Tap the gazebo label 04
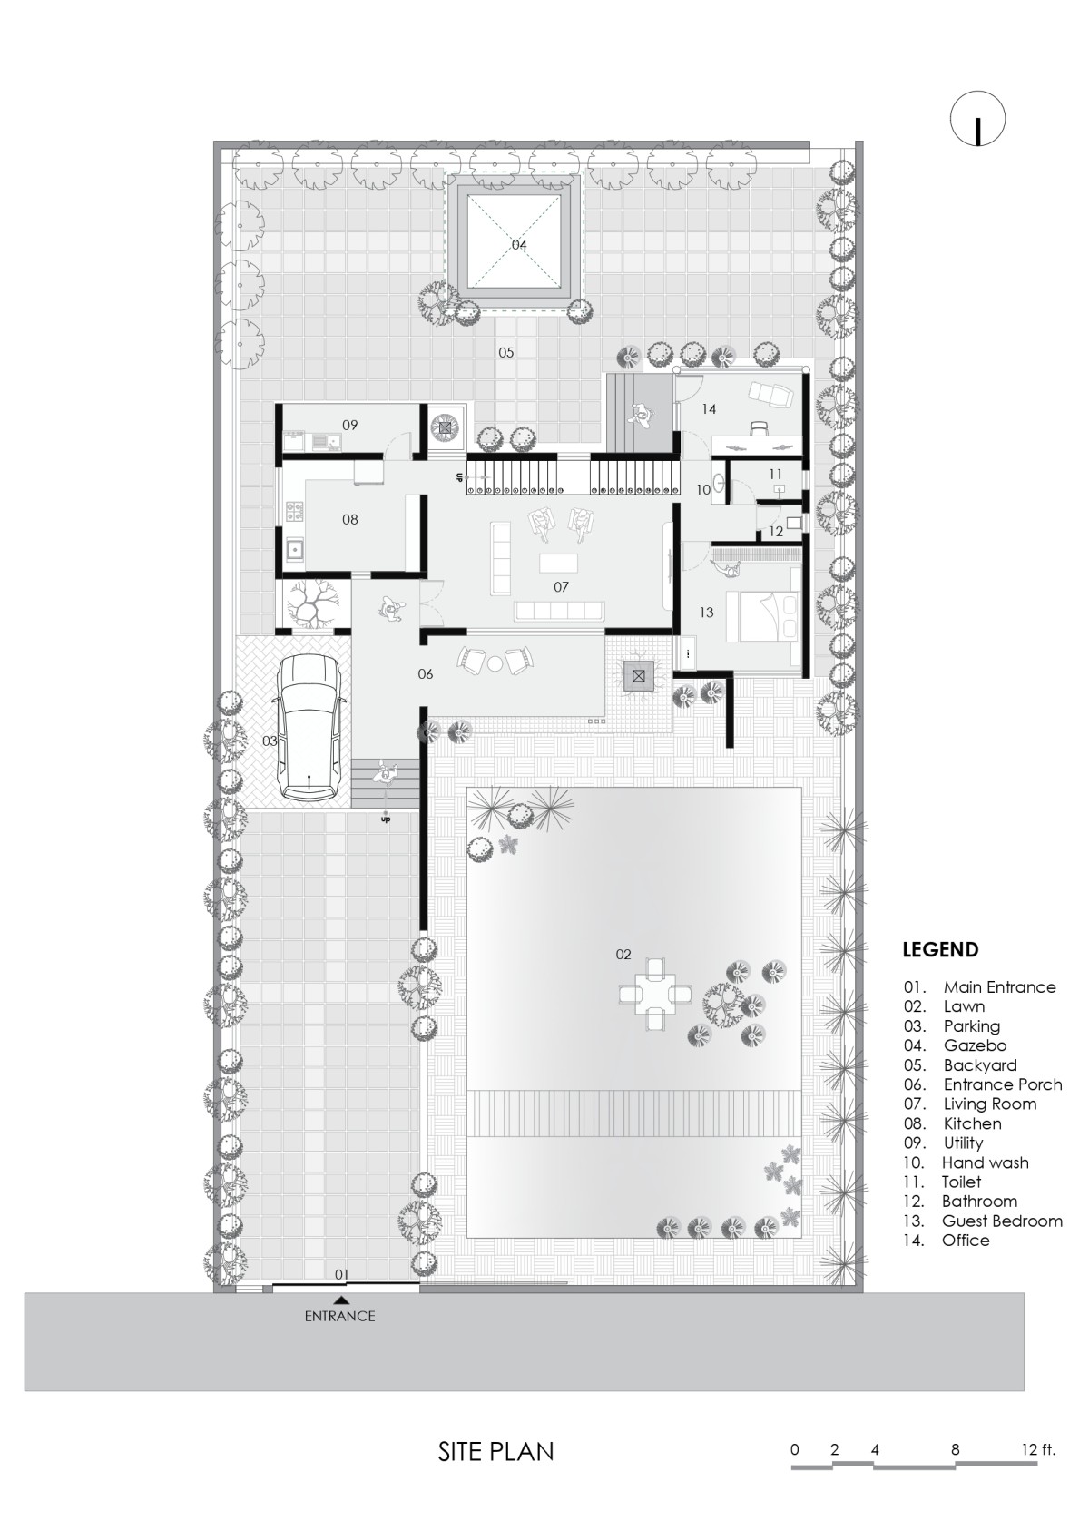(x=518, y=245)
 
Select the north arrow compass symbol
(x=977, y=118)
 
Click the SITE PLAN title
(x=495, y=1451)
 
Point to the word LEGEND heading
(x=940, y=949)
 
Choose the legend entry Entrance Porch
(x=1003, y=1084)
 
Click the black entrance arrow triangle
(x=340, y=1300)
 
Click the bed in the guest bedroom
(x=773, y=614)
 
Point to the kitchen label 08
(x=350, y=519)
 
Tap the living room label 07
(x=561, y=586)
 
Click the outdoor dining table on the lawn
(x=653, y=994)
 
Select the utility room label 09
(x=350, y=425)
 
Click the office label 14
(x=709, y=409)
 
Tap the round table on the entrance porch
(x=495, y=663)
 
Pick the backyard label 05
(x=506, y=353)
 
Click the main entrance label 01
(x=342, y=1275)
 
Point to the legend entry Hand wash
(x=986, y=1162)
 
